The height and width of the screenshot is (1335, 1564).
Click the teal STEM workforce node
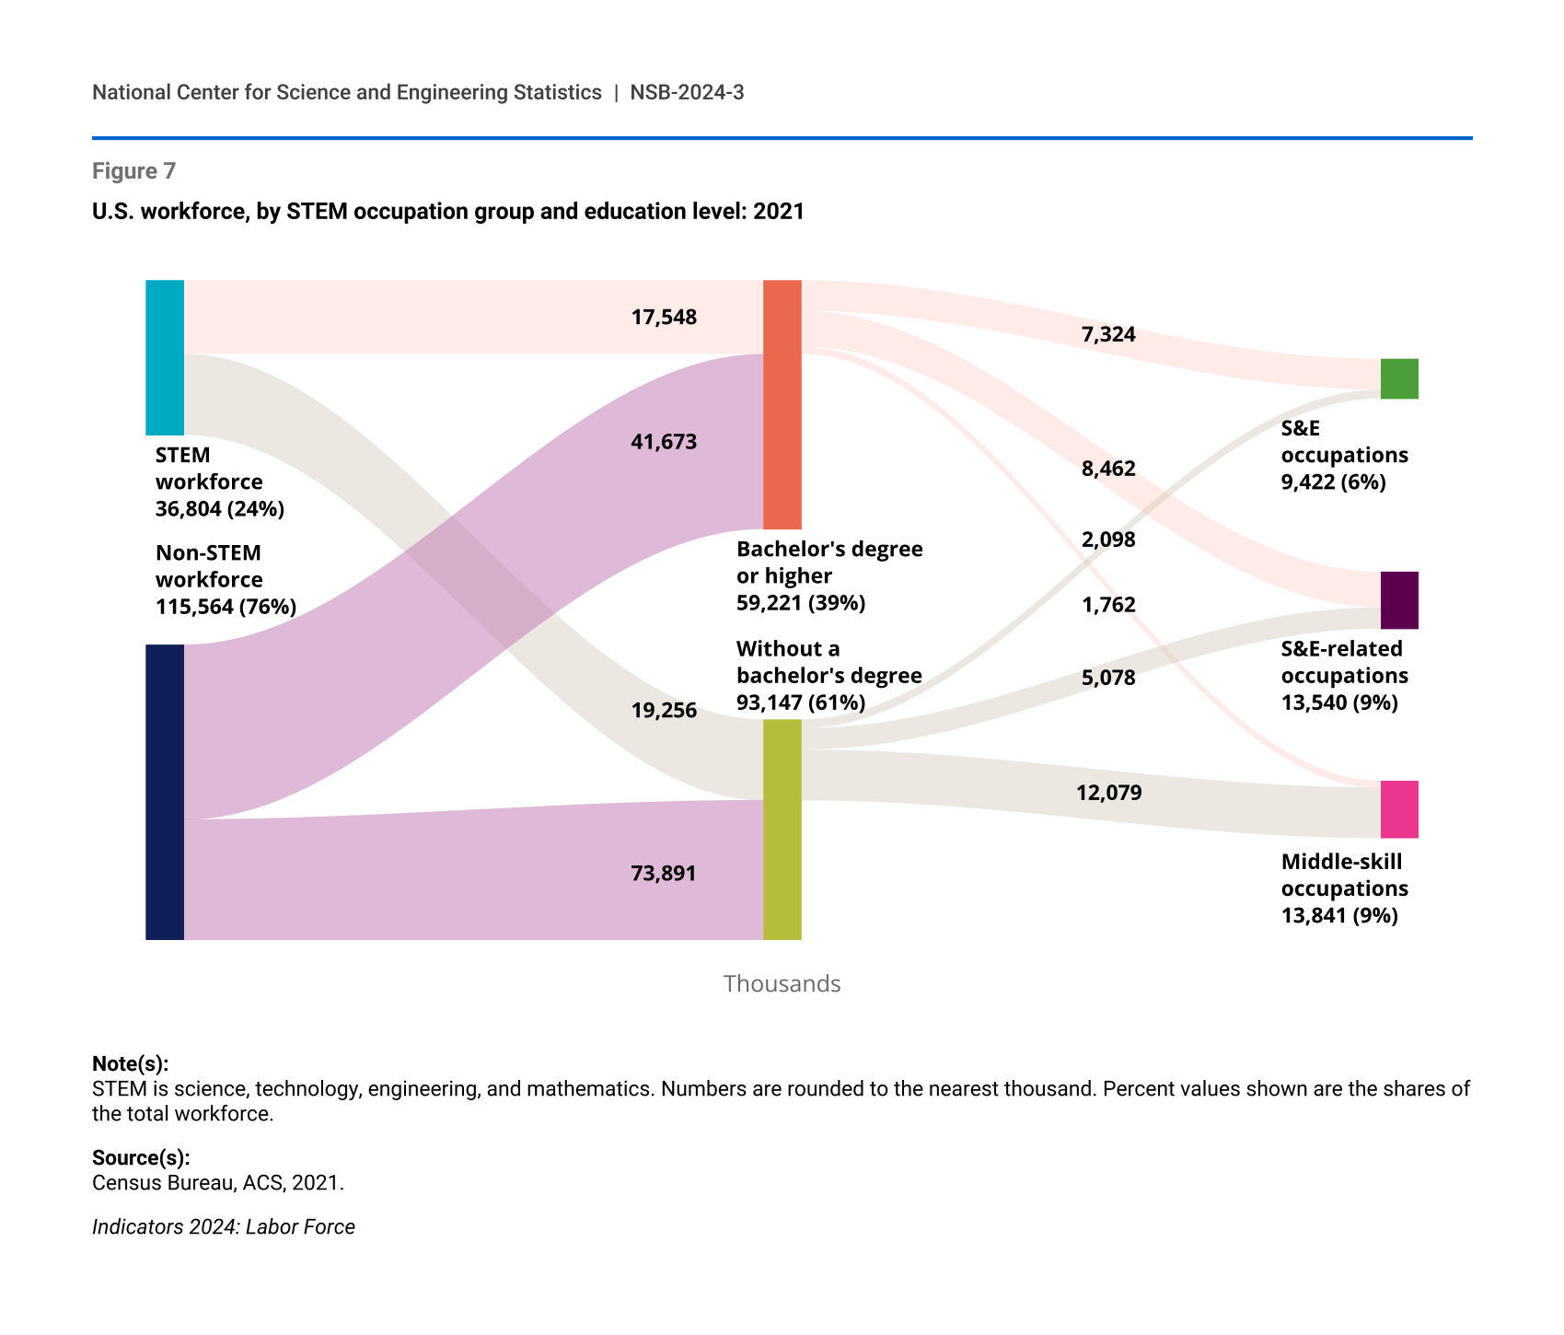(x=165, y=357)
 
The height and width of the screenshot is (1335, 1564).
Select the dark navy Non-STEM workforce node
(x=165, y=792)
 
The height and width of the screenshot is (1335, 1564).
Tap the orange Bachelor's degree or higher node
(x=782, y=404)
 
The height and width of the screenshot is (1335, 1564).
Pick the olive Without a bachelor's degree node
(x=782, y=830)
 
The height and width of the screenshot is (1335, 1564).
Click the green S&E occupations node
(x=1399, y=378)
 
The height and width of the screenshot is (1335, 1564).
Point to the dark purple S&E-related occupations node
(x=1399, y=600)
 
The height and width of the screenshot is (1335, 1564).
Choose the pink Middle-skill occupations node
(x=1399, y=809)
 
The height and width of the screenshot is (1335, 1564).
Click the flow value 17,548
(x=664, y=318)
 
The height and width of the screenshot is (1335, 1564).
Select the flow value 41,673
(x=664, y=442)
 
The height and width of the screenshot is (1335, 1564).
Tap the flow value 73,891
(x=664, y=874)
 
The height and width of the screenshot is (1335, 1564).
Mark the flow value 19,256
(x=664, y=711)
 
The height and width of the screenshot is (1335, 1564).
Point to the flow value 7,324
(x=1108, y=335)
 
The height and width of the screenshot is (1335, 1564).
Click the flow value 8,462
(x=1108, y=470)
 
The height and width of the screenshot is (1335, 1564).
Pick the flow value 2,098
(x=1108, y=540)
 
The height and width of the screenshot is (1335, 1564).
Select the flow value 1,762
(x=1108, y=606)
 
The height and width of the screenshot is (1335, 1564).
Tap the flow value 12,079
(x=1108, y=793)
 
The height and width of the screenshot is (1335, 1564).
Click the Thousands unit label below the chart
(x=782, y=984)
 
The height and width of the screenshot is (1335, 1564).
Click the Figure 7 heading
(x=133, y=171)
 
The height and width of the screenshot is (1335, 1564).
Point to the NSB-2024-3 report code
(x=687, y=92)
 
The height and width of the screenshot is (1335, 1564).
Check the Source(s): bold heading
(x=141, y=1158)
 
